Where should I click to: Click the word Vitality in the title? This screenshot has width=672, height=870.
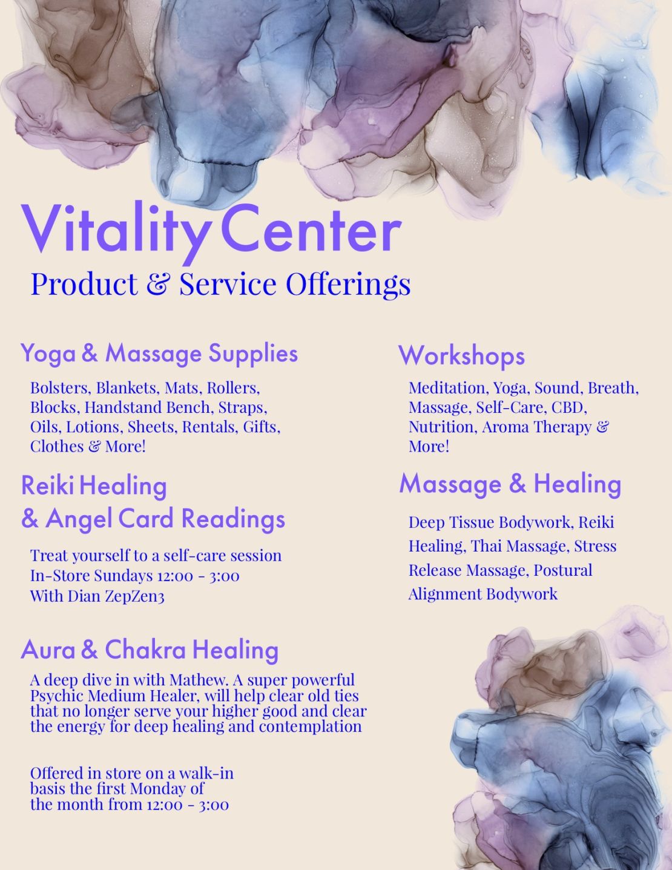coord(116,232)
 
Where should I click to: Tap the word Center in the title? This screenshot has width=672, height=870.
coord(311,229)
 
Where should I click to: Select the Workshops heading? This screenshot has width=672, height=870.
coord(461,356)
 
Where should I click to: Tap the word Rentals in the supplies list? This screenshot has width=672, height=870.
coord(211,427)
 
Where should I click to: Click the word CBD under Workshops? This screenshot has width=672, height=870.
coord(569,407)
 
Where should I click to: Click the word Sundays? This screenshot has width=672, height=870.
coord(124,576)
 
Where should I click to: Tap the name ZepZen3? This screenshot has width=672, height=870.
coord(135,596)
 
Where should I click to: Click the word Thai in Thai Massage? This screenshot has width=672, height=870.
coord(485,546)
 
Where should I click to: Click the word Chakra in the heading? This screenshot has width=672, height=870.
coord(145,650)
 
